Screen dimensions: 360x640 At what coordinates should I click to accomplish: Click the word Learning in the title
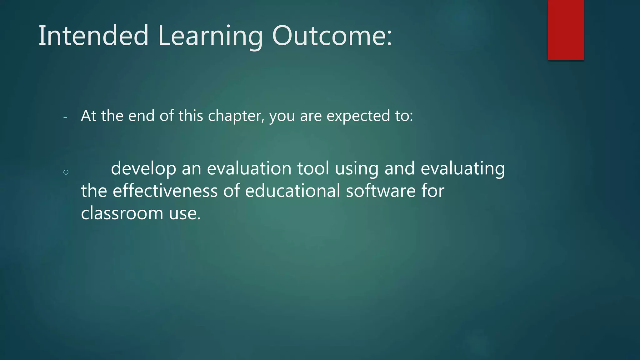pos(210,36)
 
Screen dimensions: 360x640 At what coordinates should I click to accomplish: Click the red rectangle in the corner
pos(566,30)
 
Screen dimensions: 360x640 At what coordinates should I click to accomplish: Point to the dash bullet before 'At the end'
pos(65,117)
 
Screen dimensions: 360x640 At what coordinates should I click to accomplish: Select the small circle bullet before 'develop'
pos(66,172)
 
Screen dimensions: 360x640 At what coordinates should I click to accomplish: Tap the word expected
pos(358,116)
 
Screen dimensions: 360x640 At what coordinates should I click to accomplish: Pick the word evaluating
pos(462,169)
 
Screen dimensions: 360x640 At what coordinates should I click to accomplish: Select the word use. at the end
pos(185,214)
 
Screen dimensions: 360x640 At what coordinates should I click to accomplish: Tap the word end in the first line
pos(142,116)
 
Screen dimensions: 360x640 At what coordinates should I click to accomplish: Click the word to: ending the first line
pos(404,116)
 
